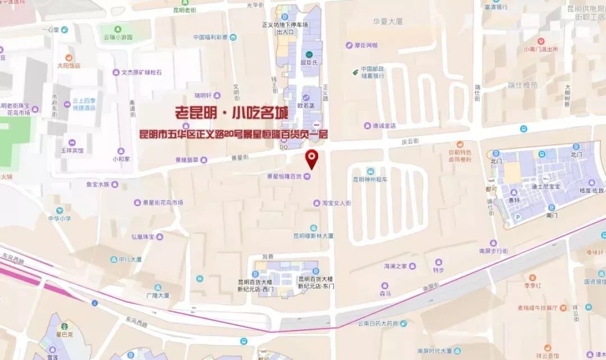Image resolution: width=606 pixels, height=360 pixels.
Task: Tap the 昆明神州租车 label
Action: coord(370,179)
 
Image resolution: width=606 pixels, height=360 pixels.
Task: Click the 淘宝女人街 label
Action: coord(336,202)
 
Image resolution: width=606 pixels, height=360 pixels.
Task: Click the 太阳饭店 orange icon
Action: coord(69,57)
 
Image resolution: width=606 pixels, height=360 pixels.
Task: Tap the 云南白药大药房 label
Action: coord(378,324)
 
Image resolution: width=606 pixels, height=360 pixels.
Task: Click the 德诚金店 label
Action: coord(384,126)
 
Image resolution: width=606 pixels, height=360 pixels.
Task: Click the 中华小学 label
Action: coord(59,219)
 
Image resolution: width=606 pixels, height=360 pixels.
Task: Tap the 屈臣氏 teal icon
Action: coord(309,54)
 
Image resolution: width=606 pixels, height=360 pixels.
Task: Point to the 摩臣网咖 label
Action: coord(365,45)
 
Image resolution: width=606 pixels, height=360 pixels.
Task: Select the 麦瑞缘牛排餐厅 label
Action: coord(537,307)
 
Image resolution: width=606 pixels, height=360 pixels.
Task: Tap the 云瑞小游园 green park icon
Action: coord(118,29)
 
